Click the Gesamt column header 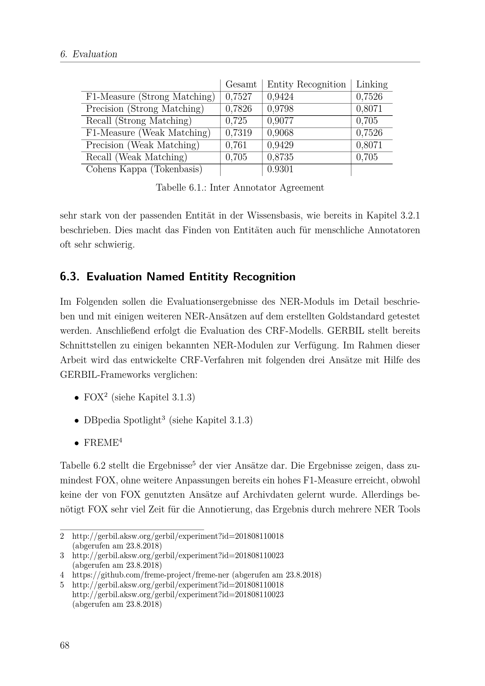[x=241, y=84]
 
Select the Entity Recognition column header [x=306, y=84]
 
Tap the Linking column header [x=372, y=84]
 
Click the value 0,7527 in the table [x=238, y=97]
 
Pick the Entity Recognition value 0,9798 [x=280, y=109]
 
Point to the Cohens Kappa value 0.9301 [x=280, y=170]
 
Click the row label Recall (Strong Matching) [x=139, y=121]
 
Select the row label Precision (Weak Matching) [x=143, y=145]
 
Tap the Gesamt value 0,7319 [x=238, y=133]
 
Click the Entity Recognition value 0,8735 [x=280, y=157]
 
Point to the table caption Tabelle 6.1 [x=240, y=188]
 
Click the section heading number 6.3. [x=69, y=277]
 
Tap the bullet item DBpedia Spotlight [x=123, y=420]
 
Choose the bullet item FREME [x=101, y=443]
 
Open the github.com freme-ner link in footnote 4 [x=150, y=575]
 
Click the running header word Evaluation [x=95, y=54]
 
